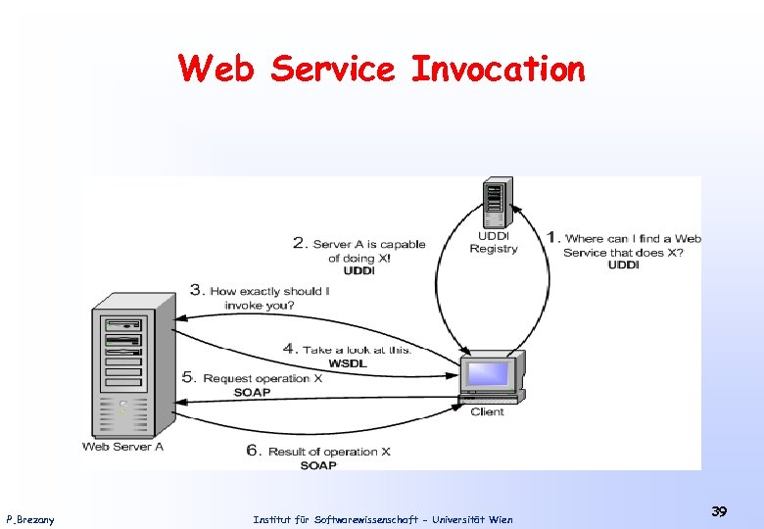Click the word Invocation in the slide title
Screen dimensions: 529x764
(x=497, y=69)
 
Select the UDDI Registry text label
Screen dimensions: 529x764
(x=494, y=242)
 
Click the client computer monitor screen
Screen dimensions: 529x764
(x=488, y=374)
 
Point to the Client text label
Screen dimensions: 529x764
(x=487, y=411)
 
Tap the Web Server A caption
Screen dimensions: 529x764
(x=122, y=447)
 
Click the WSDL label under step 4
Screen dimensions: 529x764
(x=348, y=363)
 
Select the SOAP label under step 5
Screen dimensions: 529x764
(x=252, y=393)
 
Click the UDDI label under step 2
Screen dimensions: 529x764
(x=359, y=271)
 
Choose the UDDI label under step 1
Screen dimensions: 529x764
(x=623, y=265)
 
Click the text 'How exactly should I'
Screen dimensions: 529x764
(x=269, y=291)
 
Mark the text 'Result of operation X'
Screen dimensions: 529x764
(x=328, y=452)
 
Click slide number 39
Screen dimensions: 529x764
(x=719, y=511)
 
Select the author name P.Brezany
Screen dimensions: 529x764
(x=30, y=519)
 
